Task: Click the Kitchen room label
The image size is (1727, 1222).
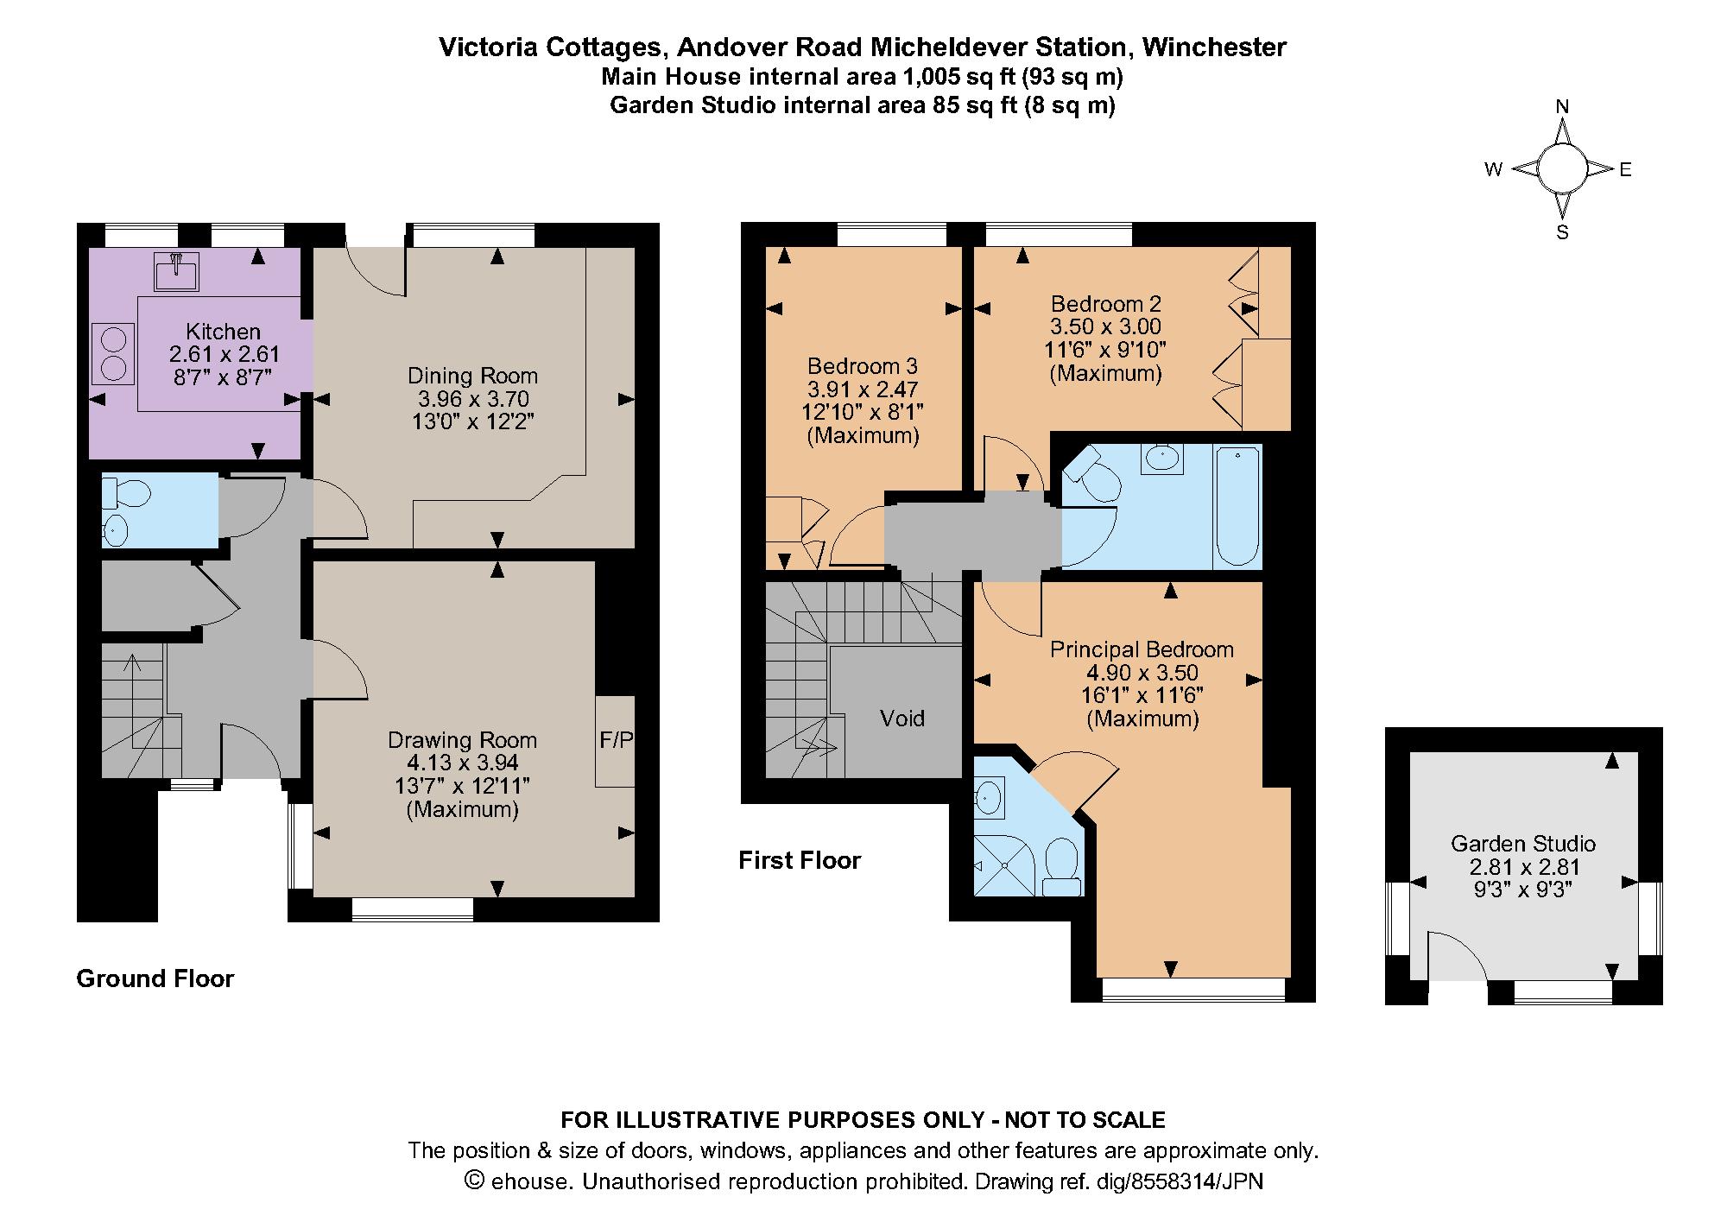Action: click(223, 332)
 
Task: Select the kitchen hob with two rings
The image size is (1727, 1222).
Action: click(113, 353)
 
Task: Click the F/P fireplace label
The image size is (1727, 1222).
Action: click(616, 740)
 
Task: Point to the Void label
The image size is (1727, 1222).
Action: click(901, 719)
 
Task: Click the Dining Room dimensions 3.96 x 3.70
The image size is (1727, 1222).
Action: click(473, 399)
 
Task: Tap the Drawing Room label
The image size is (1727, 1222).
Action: click(462, 740)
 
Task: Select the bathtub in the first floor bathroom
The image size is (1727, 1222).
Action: click(1237, 506)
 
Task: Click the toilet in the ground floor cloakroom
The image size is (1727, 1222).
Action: click(126, 493)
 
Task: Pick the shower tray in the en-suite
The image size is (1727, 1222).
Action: click(1003, 863)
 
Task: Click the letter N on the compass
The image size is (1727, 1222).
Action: click(1561, 107)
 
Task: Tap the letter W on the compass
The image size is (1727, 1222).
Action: click(1493, 170)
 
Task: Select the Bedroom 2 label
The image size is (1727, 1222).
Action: click(1105, 304)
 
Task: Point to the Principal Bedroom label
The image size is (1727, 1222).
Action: click(1142, 649)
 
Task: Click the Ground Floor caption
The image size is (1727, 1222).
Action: click(155, 978)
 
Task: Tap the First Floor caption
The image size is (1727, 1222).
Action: click(800, 860)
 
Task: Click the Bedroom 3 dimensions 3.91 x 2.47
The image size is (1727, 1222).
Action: click(863, 389)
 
